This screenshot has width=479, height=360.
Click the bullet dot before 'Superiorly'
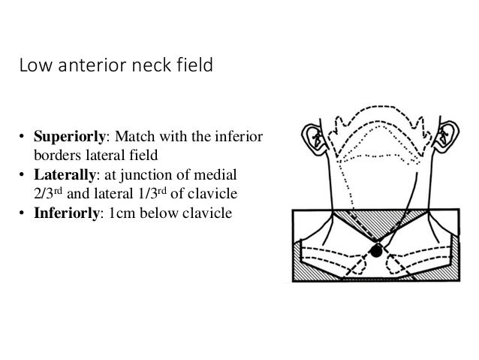[x=23, y=138]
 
